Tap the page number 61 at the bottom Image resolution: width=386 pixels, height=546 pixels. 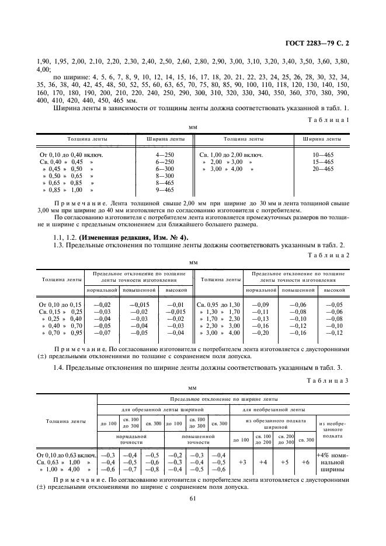(x=193, y=498)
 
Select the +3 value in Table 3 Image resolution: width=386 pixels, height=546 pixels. (x=241, y=461)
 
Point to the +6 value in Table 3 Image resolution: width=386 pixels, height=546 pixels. (x=305, y=461)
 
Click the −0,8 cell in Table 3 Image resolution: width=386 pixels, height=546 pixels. (x=151, y=468)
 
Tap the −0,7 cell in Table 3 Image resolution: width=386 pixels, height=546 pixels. (x=130, y=468)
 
